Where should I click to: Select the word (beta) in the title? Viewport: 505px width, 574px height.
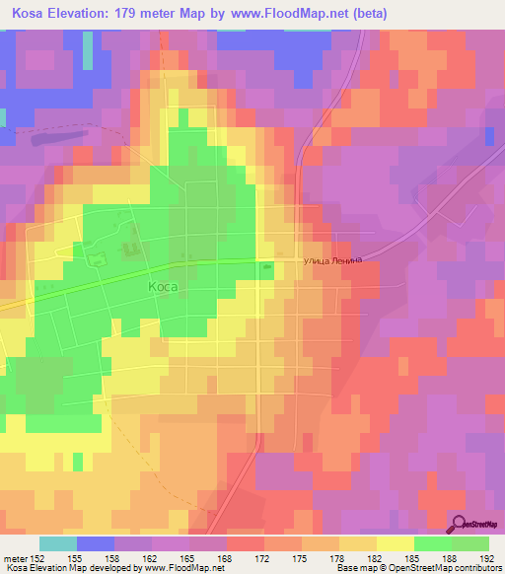pos(365,14)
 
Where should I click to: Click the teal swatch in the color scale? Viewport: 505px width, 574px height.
pos(57,543)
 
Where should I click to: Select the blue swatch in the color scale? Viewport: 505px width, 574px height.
pos(94,543)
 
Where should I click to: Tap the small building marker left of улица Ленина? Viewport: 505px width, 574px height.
pos(268,264)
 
